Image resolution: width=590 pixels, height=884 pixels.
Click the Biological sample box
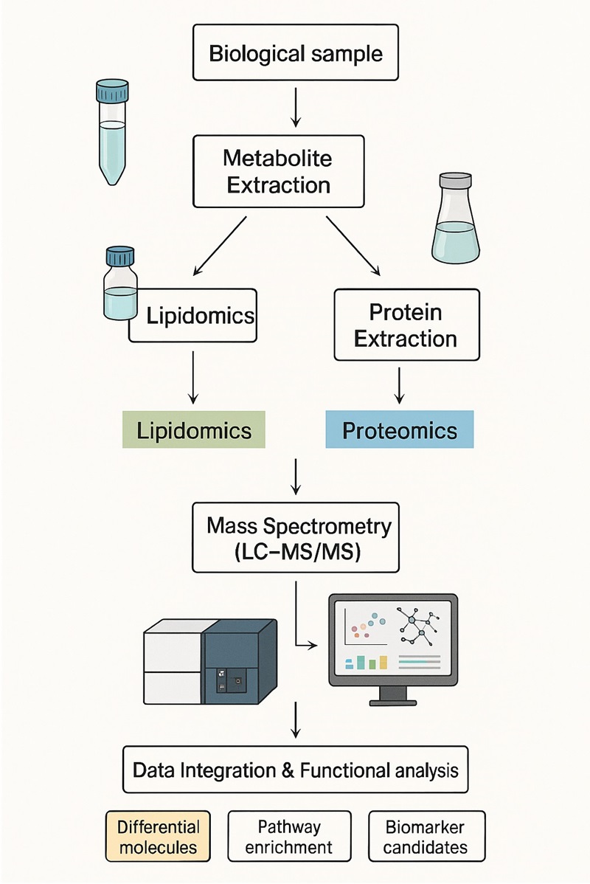[x=295, y=54]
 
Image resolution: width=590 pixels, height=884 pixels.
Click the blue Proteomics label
[x=399, y=431]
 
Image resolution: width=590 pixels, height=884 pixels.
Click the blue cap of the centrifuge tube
[x=113, y=91]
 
